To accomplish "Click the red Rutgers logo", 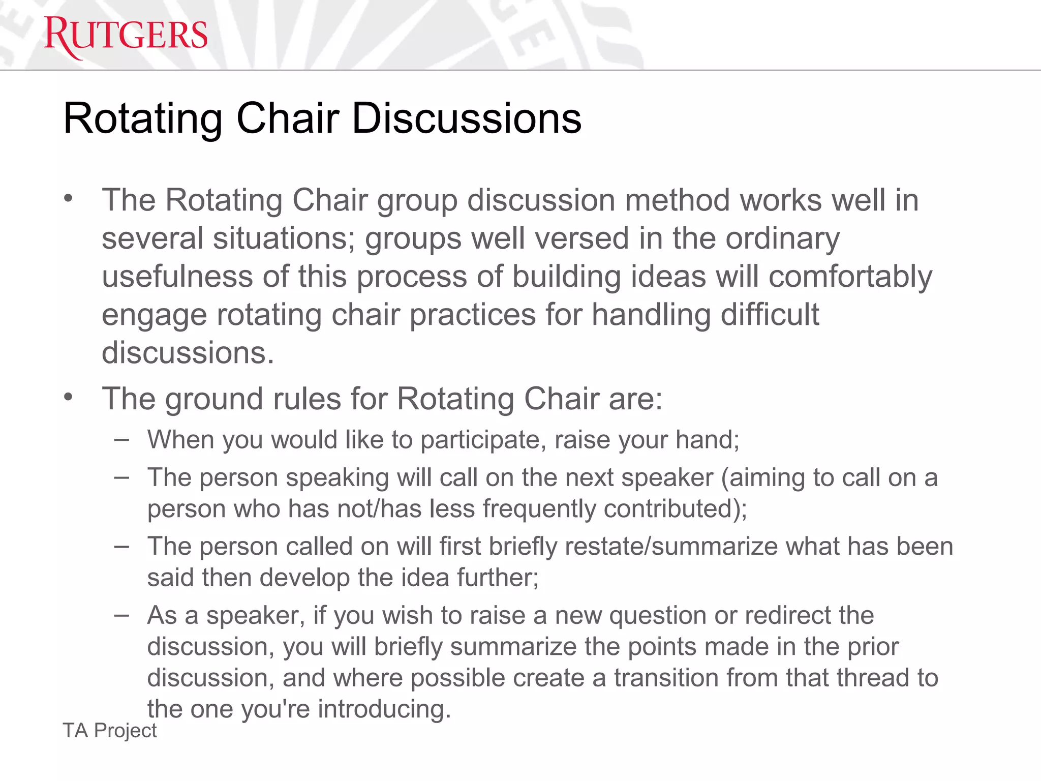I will (x=126, y=37).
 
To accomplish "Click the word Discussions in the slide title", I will (x=466, y=118).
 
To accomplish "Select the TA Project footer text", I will (x=110, y=731).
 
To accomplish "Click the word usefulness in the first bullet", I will (x=177, y=277).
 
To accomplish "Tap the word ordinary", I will (x=782, y=238).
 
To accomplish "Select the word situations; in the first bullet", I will (x=284, y=238).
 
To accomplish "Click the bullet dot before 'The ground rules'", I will (x=69, y=397).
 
